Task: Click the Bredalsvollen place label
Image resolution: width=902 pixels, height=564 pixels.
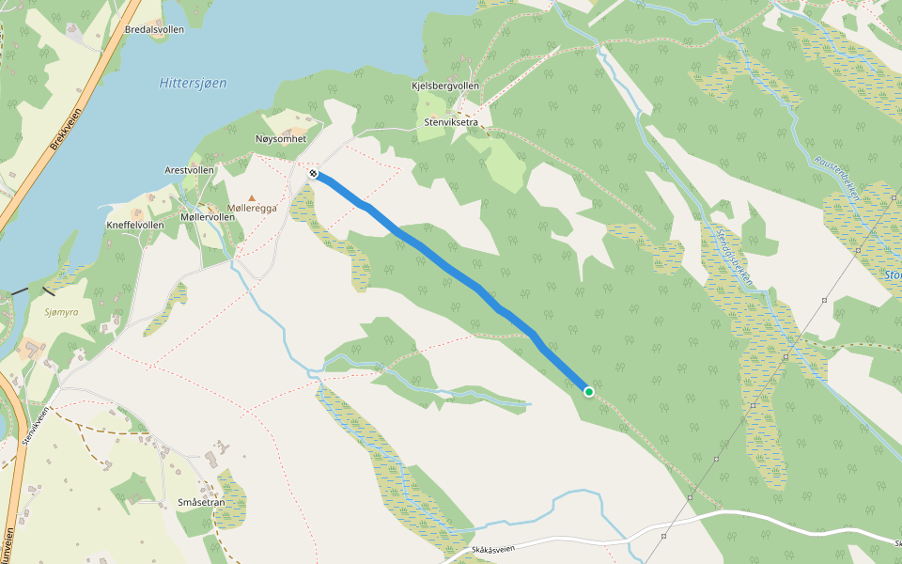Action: point(154,29)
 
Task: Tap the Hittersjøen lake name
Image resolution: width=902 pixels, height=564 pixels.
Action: point(193,83)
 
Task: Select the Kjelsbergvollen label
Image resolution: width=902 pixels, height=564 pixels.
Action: point(445,86)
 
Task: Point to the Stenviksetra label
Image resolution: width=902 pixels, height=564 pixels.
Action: point(451,121)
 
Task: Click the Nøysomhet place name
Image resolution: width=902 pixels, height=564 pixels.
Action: point(281,139)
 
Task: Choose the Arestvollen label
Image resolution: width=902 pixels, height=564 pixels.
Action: point(189,170)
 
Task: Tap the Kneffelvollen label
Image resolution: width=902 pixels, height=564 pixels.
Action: point(135,226)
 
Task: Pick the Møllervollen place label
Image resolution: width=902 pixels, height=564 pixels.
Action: point(207,217)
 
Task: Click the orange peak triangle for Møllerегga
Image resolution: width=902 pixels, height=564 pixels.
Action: point(252,197)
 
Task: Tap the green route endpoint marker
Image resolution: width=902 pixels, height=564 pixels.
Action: point(589,392)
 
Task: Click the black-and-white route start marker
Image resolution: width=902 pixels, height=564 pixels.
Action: point(313,173)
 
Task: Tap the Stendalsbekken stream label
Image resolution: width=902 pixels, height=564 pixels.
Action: point(734,254)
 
